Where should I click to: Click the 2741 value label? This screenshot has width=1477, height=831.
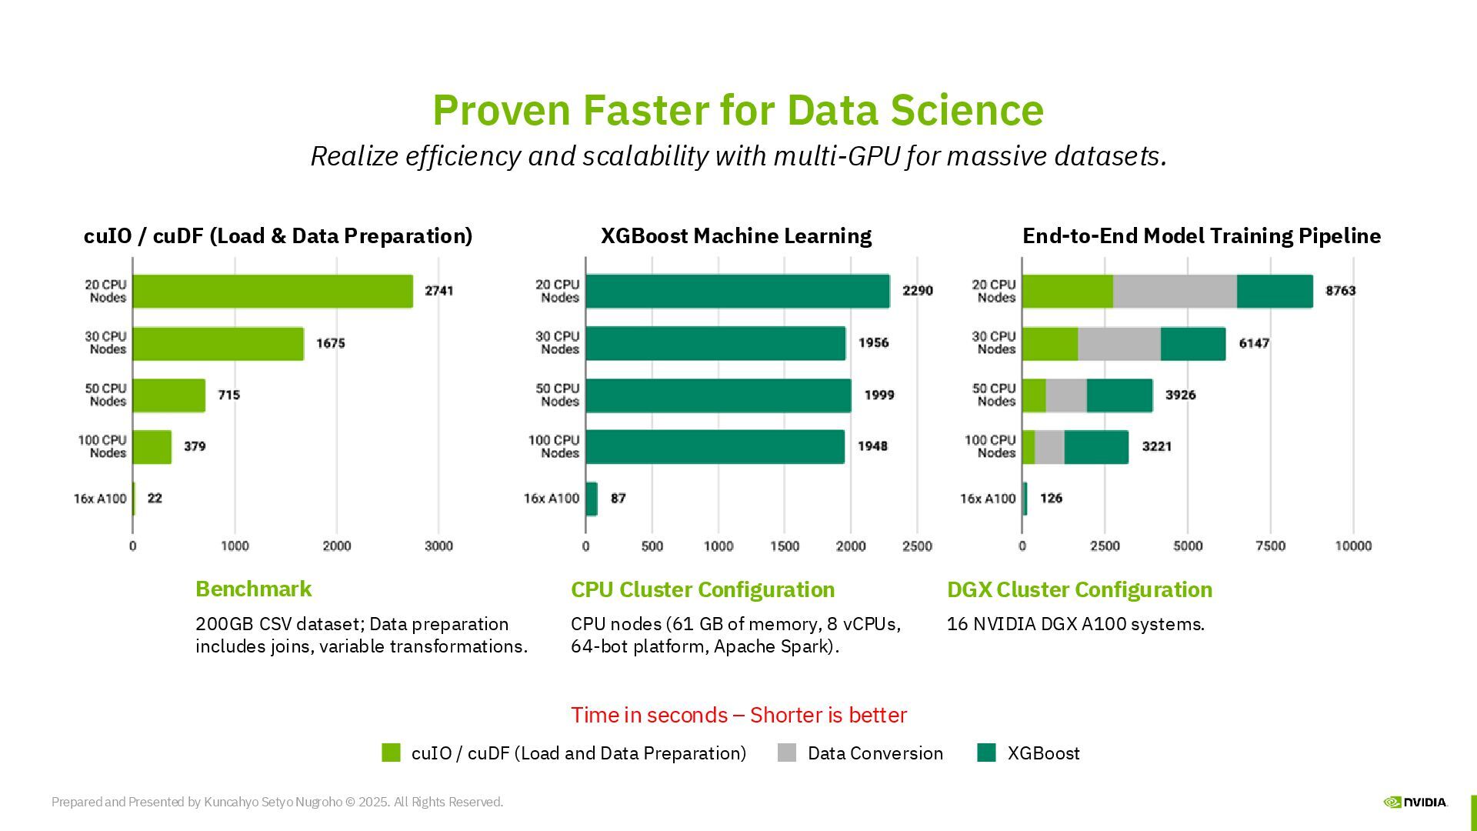tap(438, 291)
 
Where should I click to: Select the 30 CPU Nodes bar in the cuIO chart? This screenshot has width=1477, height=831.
tap(218, 343)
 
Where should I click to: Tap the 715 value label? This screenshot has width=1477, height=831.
tap(228, 395)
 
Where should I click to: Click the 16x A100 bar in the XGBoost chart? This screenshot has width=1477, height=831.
tap(591, 499)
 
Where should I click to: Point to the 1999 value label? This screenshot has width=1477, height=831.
tap(879, 395)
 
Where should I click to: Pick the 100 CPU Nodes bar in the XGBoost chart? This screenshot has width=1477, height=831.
tap(715, 446)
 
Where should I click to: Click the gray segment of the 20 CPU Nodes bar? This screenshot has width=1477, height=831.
tap(1175, 291)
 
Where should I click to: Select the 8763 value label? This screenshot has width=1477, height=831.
tap(1340, 291)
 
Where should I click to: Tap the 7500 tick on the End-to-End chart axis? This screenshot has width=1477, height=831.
tap(1270, 546)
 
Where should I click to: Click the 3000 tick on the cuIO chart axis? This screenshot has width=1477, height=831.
tap(438, 546)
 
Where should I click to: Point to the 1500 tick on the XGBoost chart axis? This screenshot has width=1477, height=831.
tap(785, 546)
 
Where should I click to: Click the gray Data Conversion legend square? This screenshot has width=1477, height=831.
tap(787, 753)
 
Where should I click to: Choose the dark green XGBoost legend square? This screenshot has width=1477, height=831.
tap(986, 753)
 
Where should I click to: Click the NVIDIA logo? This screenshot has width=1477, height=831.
tap(1415, 802)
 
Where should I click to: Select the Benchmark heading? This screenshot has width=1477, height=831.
tap(253, 589)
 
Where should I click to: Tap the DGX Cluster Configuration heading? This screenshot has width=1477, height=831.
tap(1079, 589)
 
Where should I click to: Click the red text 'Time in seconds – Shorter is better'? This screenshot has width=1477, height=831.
tap(738, 715)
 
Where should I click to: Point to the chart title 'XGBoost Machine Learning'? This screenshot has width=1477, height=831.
tap(736, 235)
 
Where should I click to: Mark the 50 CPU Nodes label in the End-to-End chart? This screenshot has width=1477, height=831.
tap(993, 395)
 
